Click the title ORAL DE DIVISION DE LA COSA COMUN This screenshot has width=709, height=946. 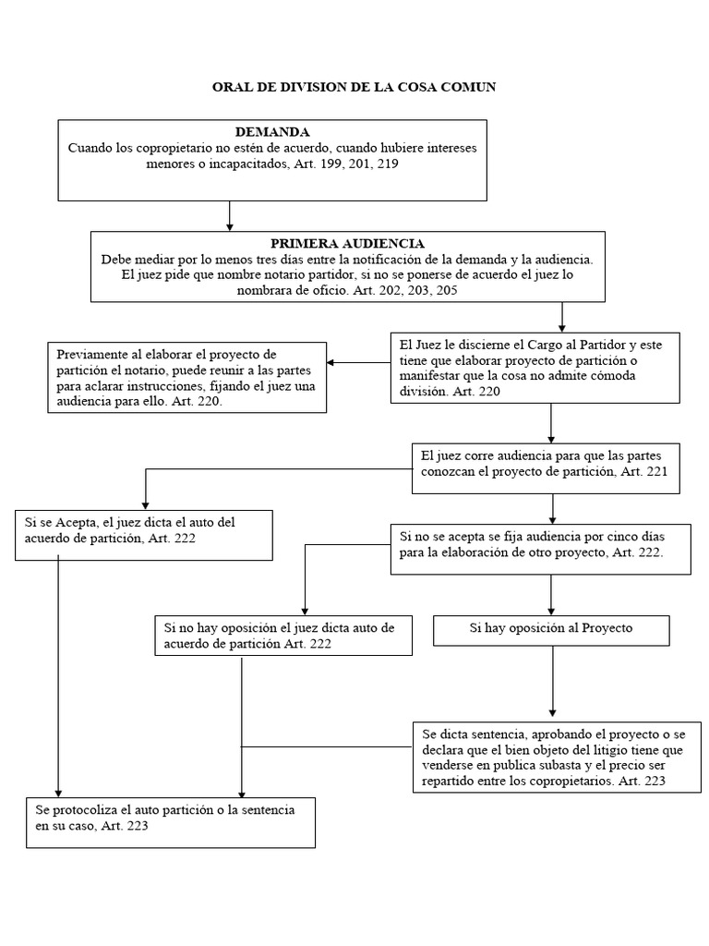pyautogui.click(x=354, y=87)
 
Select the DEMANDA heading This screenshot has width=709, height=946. pyautogui.click(x=272, y=131)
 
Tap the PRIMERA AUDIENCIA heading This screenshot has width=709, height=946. pyautogui.click(x=347, y=243)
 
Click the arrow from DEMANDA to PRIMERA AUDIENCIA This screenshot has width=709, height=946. pyautogui.click(x=230, y=216)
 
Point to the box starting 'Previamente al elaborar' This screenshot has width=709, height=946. pyautogui.click(x=186, y=378)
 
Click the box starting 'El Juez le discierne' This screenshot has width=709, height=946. pyautogui.click(x=535, y=368)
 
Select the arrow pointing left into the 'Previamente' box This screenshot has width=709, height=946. pyautogui.click(x=359, y=362)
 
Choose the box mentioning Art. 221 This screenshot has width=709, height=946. pyautogui.click(x=547, y=468)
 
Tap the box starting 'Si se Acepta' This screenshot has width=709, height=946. pyautogui.click(x=144, y=536)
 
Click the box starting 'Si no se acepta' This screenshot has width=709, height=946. pyautogui.click(x=541, y=549)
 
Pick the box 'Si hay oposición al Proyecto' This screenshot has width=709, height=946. pyautogui.click(x=551, y=630)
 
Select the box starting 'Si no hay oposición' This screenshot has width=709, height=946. pyautogui.click(x=283, y=636)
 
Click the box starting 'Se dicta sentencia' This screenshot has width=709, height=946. pyautogui.click(x=557, y=758)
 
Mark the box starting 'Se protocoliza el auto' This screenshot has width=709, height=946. pyautogui.click(x=171, y=823)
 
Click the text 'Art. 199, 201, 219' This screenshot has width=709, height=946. pyautogui.click(x=346, y=164)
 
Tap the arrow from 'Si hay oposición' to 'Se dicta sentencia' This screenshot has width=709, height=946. pyautogui.click(x=553, y=681)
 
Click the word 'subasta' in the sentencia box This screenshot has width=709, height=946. pyautogui.click(x=541, y=766)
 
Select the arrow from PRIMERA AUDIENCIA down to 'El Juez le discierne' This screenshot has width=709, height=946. pyautogui.click(x=562, y=318)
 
